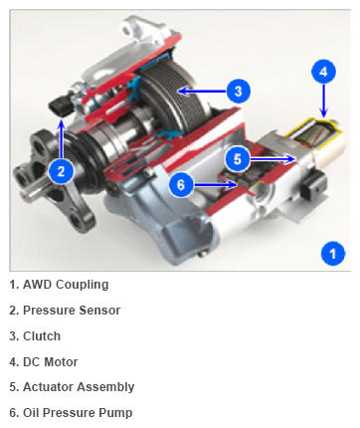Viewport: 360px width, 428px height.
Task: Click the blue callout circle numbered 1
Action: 333,254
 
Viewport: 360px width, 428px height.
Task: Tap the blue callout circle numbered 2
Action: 61,171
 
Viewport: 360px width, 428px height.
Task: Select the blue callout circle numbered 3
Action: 239,92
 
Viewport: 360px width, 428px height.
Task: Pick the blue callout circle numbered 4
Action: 324,72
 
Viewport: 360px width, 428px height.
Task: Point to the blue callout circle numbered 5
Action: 238,159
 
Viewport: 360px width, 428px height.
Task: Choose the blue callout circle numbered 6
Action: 181,184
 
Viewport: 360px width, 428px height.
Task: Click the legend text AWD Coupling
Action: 66,285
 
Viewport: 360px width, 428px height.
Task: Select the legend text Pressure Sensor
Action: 72,311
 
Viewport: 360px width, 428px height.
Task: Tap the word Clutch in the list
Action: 42,336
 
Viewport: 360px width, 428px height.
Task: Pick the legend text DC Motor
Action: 51,361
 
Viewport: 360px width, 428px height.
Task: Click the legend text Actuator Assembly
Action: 79,387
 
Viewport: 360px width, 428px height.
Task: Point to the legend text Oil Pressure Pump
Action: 78,413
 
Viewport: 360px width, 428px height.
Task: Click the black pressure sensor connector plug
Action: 61,107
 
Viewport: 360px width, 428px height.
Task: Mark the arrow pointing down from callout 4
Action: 324,101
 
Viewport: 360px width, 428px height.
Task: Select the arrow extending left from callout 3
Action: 203,91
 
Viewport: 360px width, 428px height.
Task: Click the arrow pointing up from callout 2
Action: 61,140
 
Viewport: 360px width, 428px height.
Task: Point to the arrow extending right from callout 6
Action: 215,185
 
